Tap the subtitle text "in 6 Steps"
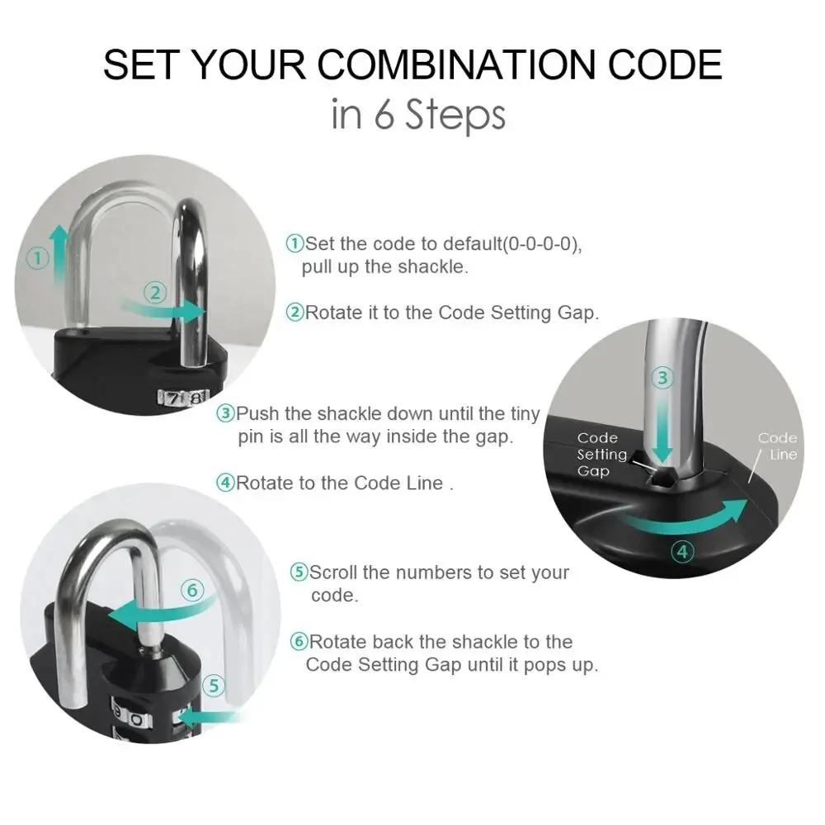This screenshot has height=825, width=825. (x=417, y=115)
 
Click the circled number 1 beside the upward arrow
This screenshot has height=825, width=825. (x=35, y=258)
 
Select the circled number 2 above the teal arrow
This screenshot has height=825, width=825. (x=157, y=291)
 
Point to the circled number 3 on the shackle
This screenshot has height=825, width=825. (x=662, y=379)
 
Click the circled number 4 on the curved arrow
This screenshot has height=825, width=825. (x=682, y=551)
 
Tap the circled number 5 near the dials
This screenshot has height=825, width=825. (x=213, y=686)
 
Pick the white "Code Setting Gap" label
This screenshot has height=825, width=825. (x=601, y=455)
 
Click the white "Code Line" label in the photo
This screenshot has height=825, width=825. (x=777, y=446)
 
